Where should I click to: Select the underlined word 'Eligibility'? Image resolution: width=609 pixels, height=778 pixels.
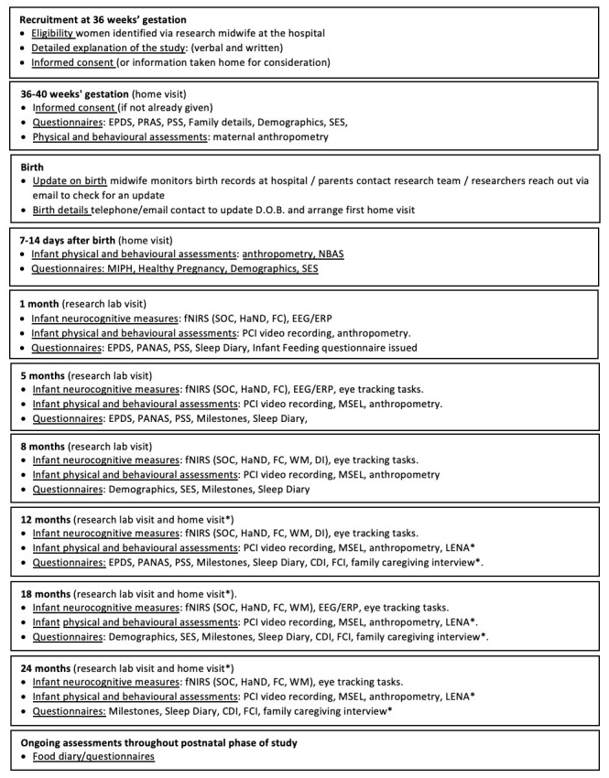point(58,34)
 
